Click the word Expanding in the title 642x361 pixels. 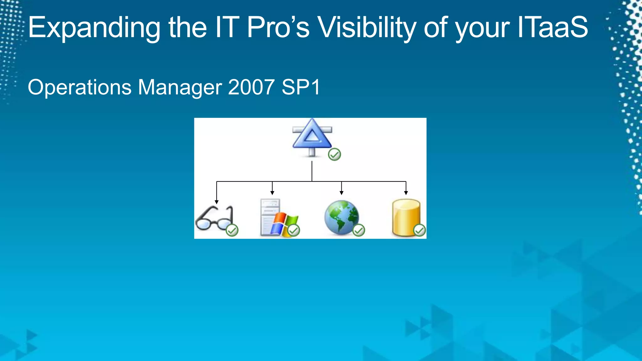[94, 28]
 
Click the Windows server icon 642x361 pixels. [276, 217]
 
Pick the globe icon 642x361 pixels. [341, 217]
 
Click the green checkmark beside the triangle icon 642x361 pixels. [334, 154]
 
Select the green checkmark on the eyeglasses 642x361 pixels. [232, 231]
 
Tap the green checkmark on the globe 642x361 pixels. [359, 231]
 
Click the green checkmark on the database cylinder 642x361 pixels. [419, 231]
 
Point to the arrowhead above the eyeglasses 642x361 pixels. [217, 202]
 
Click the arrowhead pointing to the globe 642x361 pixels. [341, 193]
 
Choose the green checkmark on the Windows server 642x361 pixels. [294, 231]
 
